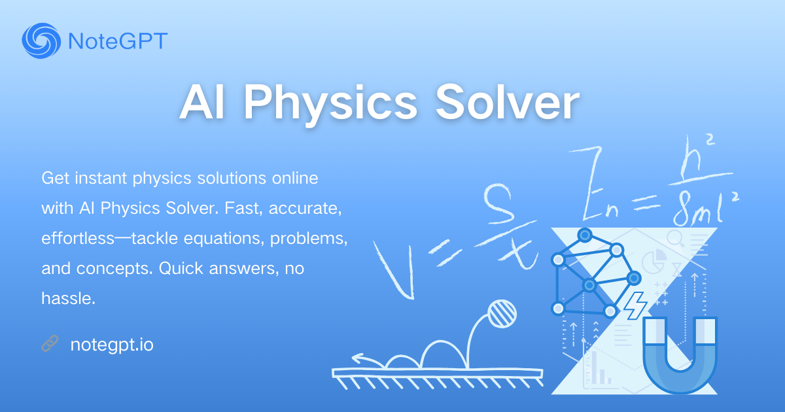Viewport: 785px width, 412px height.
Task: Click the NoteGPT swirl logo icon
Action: coord(41,41)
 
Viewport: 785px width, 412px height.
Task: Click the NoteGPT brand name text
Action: coord(118,41)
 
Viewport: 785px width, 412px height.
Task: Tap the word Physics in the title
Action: coord(330,103)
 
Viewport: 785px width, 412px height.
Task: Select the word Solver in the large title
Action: coord(507,102)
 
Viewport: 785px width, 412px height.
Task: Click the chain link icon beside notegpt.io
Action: coord(50,343)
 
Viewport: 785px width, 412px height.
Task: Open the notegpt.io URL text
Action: coord(112,345)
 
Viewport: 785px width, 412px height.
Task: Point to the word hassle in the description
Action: coord(68,298)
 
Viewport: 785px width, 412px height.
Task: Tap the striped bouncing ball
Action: coord(502,313)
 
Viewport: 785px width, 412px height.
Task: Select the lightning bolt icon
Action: coord(635,305)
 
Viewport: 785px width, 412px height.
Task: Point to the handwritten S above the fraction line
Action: coord(499,204)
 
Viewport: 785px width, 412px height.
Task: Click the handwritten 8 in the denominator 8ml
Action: coord(684,209)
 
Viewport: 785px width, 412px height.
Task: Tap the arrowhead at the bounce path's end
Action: coord(358,358)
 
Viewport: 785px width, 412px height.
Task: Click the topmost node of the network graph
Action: coord(585,235)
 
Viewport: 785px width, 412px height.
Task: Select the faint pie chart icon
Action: coord(654,261)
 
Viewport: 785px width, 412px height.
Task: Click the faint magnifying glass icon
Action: coord(675,239)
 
